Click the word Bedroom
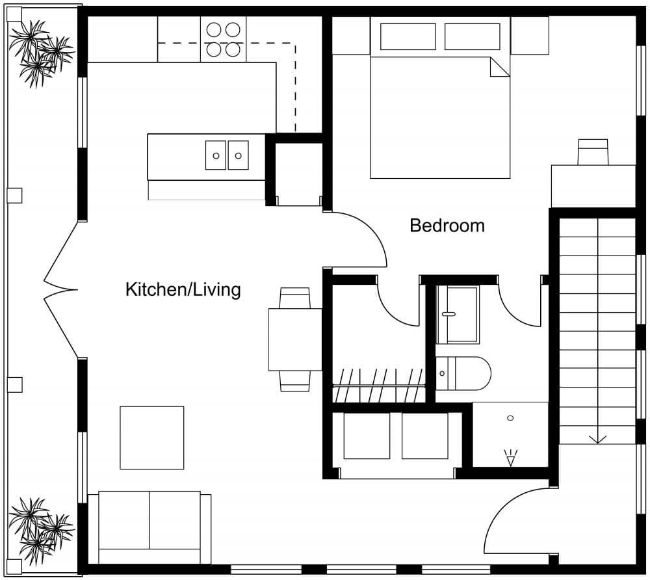point(447,226)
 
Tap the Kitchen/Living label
point(183,289)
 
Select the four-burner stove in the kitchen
point(223,39)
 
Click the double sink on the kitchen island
point(227,155)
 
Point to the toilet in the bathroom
point(463,373)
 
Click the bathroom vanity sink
point(458,314)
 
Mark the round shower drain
point(510,417)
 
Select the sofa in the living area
point(149,527)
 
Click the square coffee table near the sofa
point(151,437)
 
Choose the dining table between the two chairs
point(295,339)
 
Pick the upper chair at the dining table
point(294,298)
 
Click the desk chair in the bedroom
point(593,152)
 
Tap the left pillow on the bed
point(408,36)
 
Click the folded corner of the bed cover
point(499,67)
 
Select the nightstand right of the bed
point(530,35)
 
